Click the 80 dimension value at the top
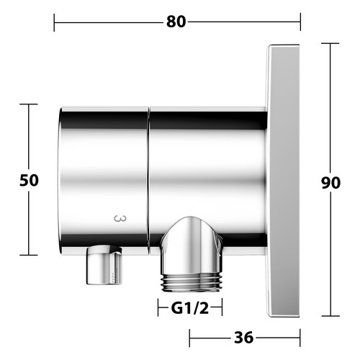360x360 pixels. click(176, 22)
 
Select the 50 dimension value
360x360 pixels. click(29, 180)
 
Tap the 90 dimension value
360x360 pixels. click(330, 183)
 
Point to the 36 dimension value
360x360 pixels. click(243, 338)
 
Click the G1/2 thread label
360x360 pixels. click(190, 308)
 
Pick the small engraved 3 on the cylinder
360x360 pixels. click(120, 218)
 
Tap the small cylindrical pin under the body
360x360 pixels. click(104, 265)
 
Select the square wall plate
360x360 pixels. click(283, 181)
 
